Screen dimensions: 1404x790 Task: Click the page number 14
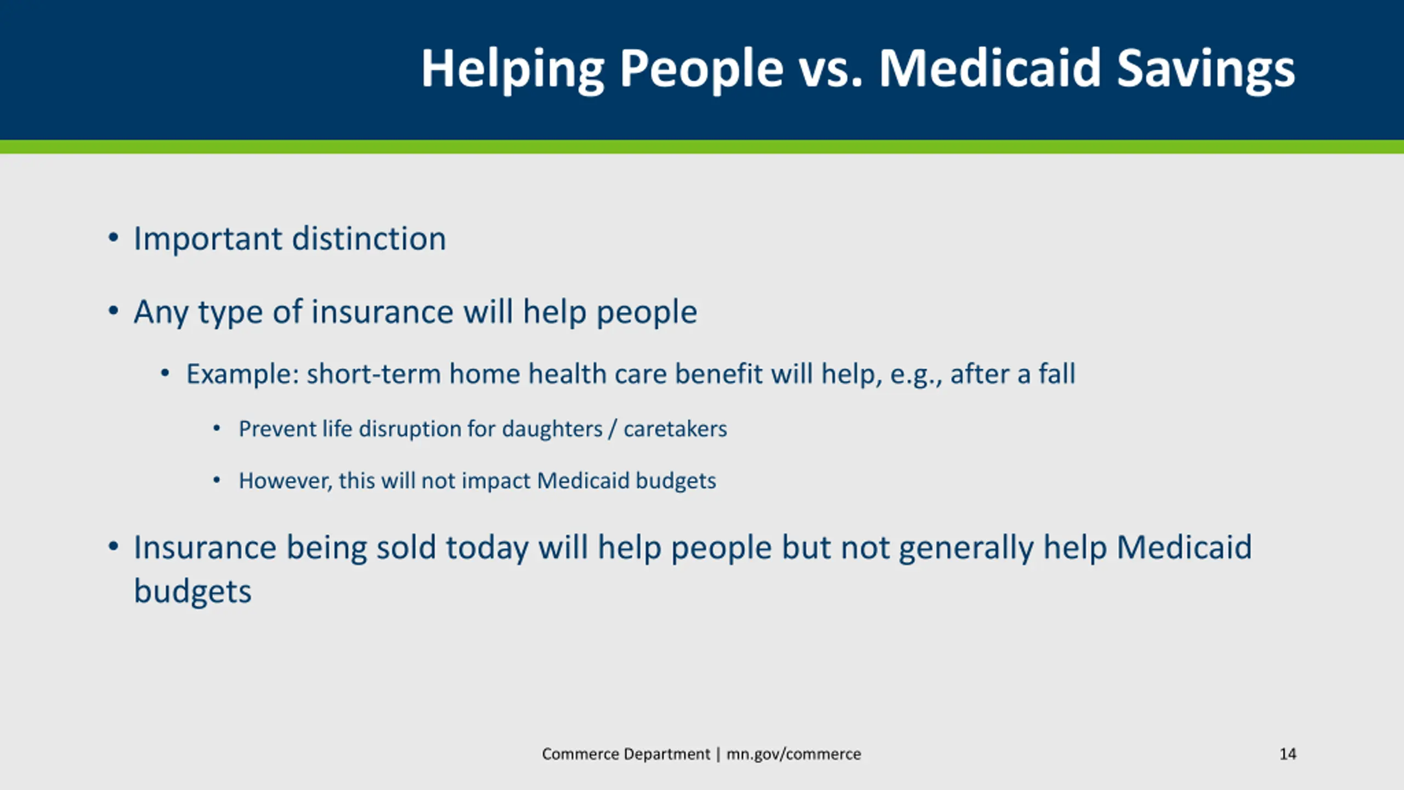pos(1288,754)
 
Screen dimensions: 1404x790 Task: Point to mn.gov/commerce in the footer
pos(794,754)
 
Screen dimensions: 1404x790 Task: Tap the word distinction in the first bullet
pos(369,239)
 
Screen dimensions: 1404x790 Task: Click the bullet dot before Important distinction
pos(113,238)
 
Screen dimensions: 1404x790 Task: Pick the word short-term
pos(373,374)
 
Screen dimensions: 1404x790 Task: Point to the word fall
pos(1057,374)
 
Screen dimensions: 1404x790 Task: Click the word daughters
pos(552,429)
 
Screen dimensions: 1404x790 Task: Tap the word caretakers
pos(675,429)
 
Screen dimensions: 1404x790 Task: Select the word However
pos(285,481)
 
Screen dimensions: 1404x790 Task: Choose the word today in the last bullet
pos(487,548)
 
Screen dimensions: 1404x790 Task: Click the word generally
pos(966,548)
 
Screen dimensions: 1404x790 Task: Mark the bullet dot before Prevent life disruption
pos(217,428)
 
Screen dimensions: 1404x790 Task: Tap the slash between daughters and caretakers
pos(613,429)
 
